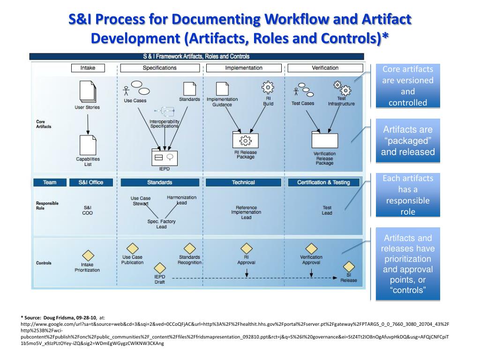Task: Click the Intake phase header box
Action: pyautogui.click(x=88, y=68)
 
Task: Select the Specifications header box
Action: pyautogui.click(x=159, y=68)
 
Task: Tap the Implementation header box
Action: pyautogui.click(x=244, y=68)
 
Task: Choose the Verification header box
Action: pyautogui.click(x=325, y=68)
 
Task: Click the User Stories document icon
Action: pyautogui.click(x=87, y=91)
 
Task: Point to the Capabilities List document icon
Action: pyautogui.click(x=88, y=145)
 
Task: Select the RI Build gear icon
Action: pyautogui.click(x=268, y=88)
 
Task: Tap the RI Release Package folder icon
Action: pyautogui.click(x=246, y=140)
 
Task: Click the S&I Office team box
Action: pyautogui.click(x=90, y=182)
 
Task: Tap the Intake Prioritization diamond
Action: pyautogui.click(x=88, y=256)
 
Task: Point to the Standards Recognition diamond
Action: pyautogui.click(x=189, y=248)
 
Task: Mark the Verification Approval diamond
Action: pyautogui.click(x=311, y=248)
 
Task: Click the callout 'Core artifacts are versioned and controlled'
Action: pyautogui.click(x=407, y=86)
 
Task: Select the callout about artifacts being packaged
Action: pyautogui.click(x=407, y=141)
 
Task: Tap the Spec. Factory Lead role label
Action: pyautogui.click(x=161, y=224)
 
